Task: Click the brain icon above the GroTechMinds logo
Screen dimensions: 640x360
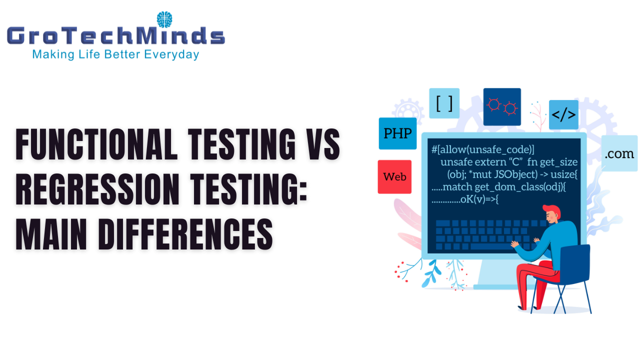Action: click(x=164, y=19)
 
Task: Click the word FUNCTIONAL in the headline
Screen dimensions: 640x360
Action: click(x=96, y=144)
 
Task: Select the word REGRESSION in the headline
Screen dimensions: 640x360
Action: click(x=97, y=189)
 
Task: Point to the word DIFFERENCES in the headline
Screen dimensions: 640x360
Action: click(x=185, y=234)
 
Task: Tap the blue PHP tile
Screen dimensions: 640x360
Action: click(x=397, y=133)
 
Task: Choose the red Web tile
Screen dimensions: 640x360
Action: click(x=394, y=177)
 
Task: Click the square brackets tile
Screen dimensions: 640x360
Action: click(x=444, y=103)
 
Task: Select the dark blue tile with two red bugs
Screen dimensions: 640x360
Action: click(x=502, y=106)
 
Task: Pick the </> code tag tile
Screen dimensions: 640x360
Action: click(x=563, y=114)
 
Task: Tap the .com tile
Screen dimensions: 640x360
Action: click(x=619, y=153)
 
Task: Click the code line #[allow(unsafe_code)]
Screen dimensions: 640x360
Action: click(x=482, y=149)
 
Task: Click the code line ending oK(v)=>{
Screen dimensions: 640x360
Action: click(x=465, y=199)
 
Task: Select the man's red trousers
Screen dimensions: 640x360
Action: click(x=535, y=283)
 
